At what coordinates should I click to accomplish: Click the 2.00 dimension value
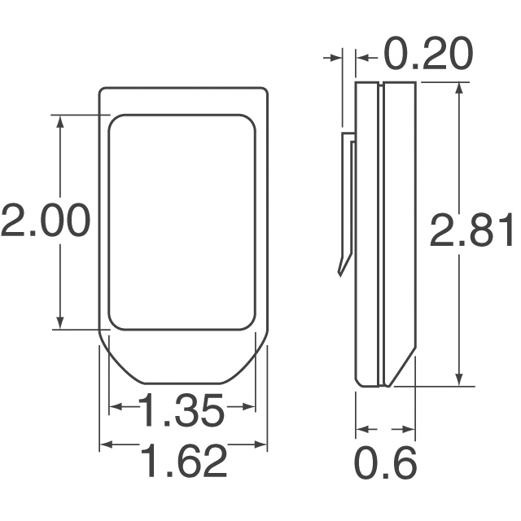pyautogui.click(x=44, y=221)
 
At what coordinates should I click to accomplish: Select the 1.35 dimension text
pyautogui.click(x=181, y=411)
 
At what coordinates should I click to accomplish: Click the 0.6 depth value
pyautogui.click(x=386, y=463)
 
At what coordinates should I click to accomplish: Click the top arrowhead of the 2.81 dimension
pyautogui.click(x=460, y=88)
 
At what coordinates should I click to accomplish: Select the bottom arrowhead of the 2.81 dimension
pyautogui.click(x=460, y=379)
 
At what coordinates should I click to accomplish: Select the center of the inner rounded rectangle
pyautogui.click(x=182, y=222)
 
